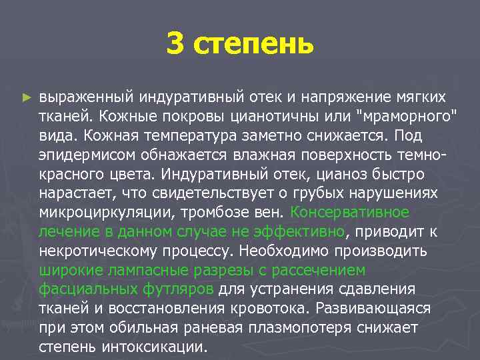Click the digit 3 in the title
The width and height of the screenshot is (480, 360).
pyautogui.click(x=174, y=45)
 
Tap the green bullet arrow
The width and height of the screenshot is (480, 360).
pyautogui.click(x=26, y=97)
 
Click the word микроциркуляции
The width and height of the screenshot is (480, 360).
pyautogui.click(x=105, y=213)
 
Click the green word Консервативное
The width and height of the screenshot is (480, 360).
pyautogui.click(x=349, y=213)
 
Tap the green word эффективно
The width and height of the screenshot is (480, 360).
pyautogui.click(x=301, y=232)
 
